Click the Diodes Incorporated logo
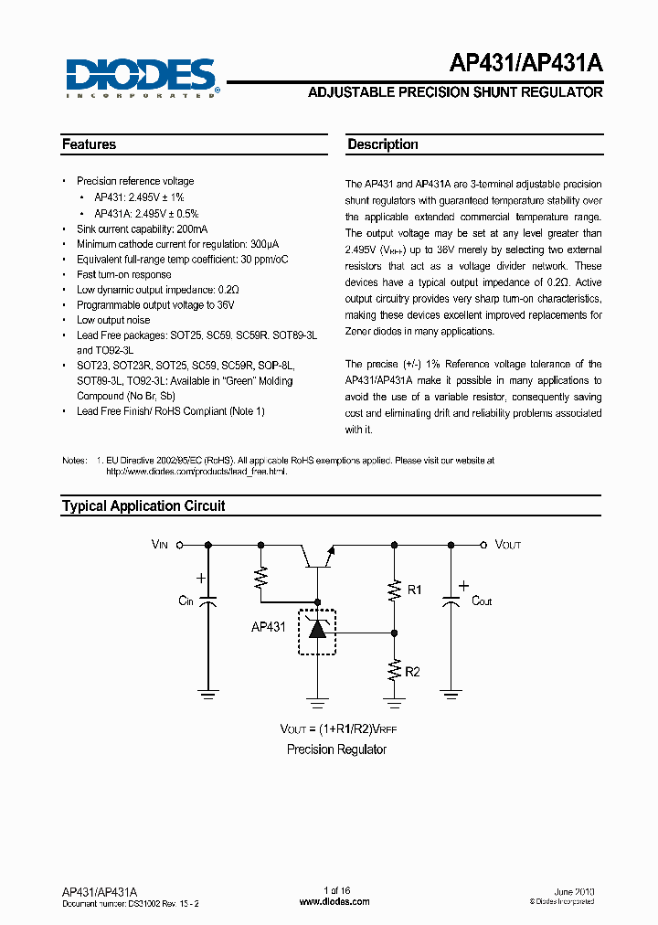141,77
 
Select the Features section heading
90,144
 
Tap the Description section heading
383,144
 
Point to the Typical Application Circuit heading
143,505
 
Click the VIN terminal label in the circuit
160,545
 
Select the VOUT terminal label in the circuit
508,545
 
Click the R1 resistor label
414,590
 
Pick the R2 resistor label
413,672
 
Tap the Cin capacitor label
186,601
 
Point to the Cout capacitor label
482,601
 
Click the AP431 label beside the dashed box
268,627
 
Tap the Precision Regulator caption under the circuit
336,750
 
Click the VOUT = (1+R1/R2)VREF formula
338,728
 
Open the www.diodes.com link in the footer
334,901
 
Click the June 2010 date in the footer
575,890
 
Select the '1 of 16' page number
337,890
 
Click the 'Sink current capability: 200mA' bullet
142,229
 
